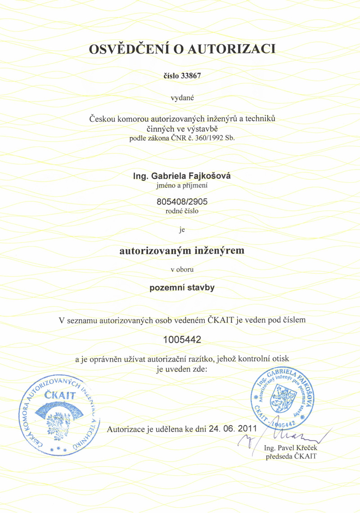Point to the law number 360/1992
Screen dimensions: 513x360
coord(208,138)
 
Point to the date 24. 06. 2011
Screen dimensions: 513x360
coord(230,429)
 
